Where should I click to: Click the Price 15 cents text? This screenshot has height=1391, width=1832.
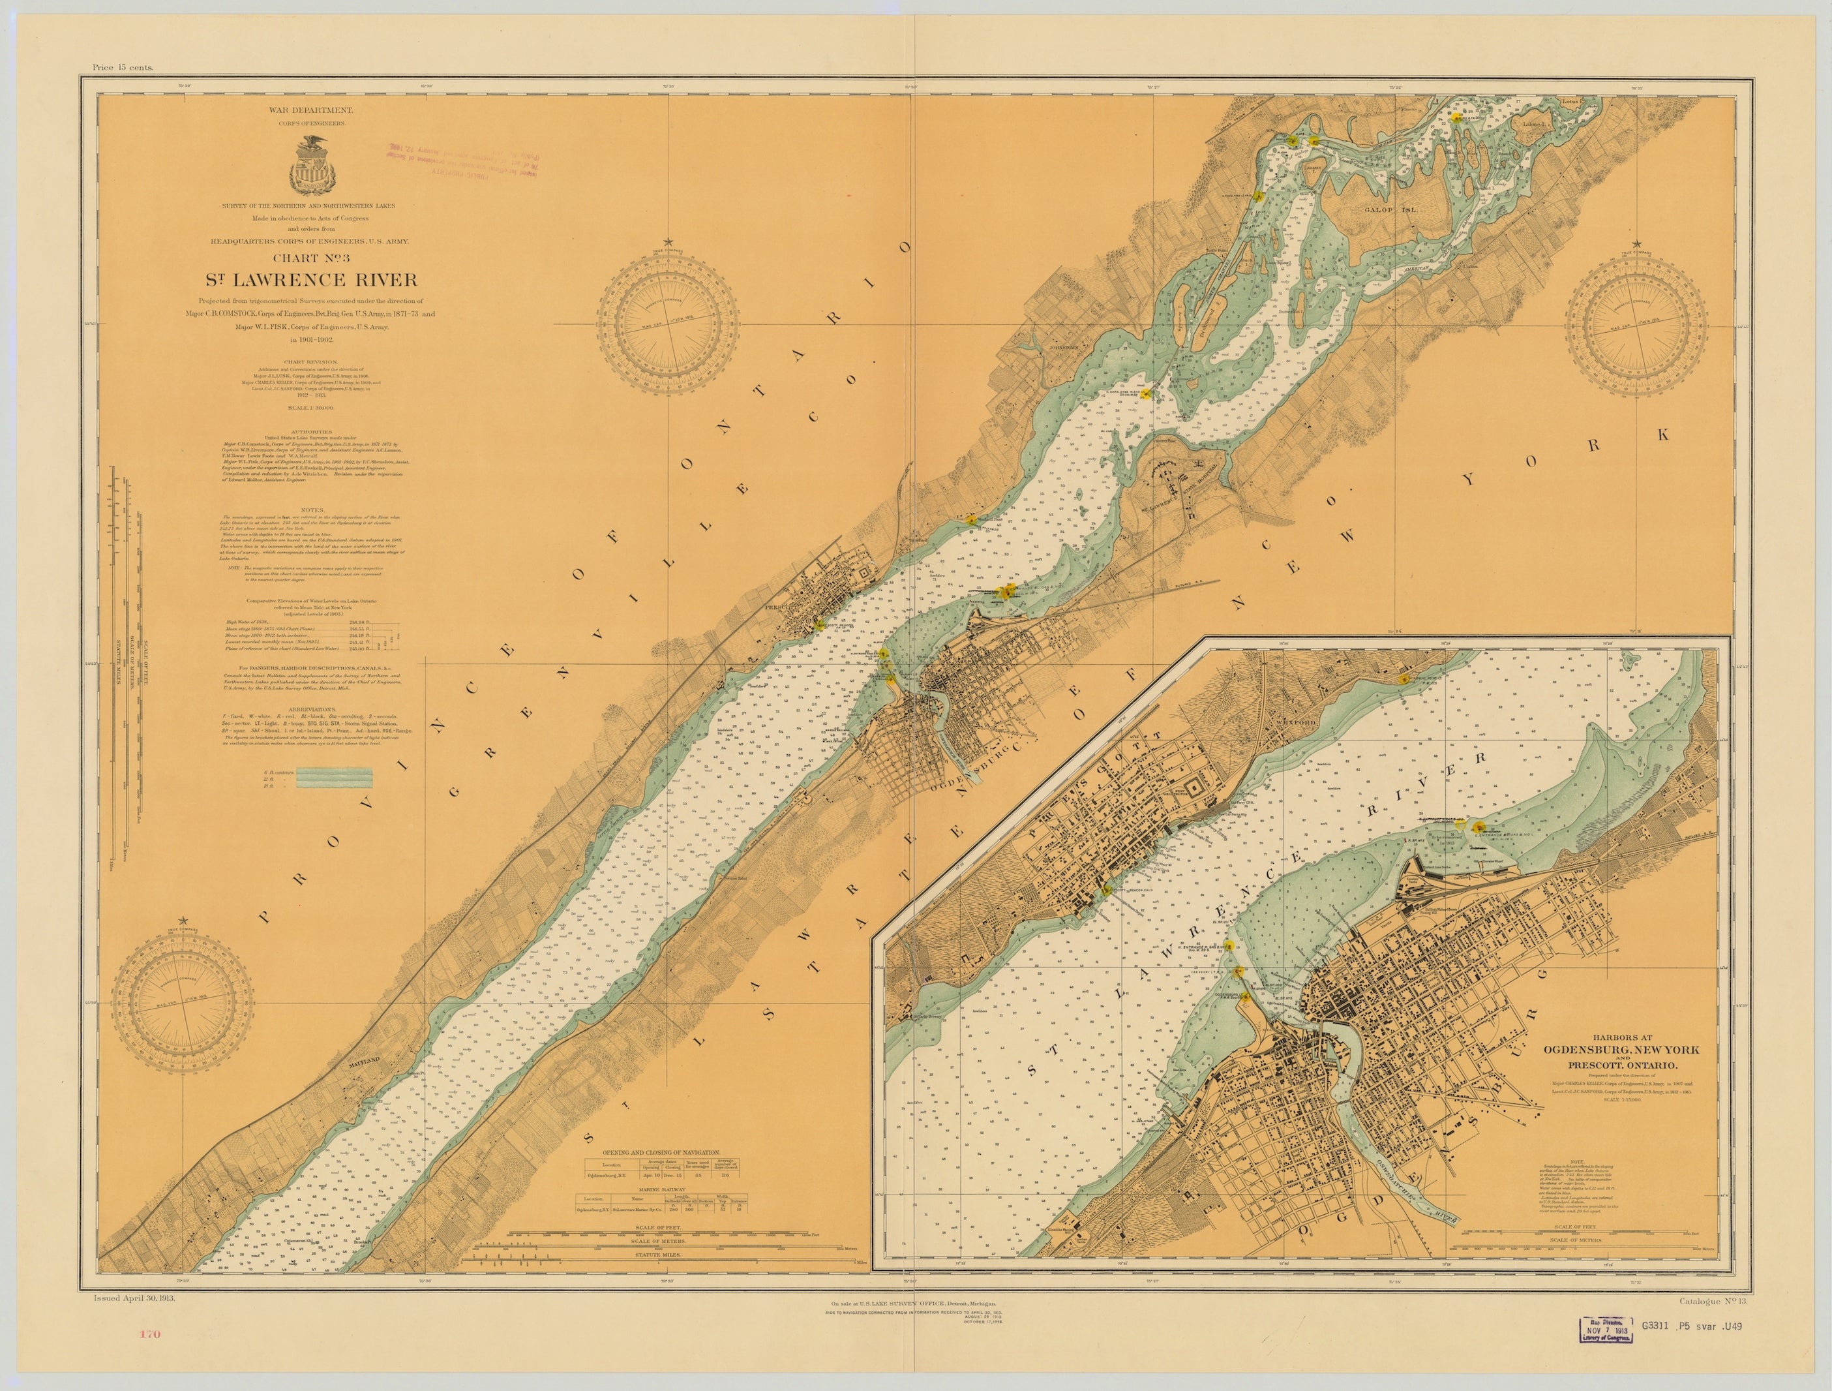[x=123, y=68]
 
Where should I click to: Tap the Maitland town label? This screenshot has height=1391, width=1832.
[x=365, y=1060]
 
